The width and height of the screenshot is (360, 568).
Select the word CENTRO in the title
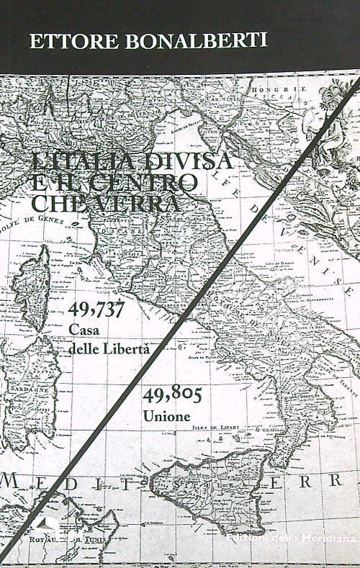tap(155, 182)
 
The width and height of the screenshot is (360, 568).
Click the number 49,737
tap(96, 310)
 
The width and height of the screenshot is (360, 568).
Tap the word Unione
tap(166, 416)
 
